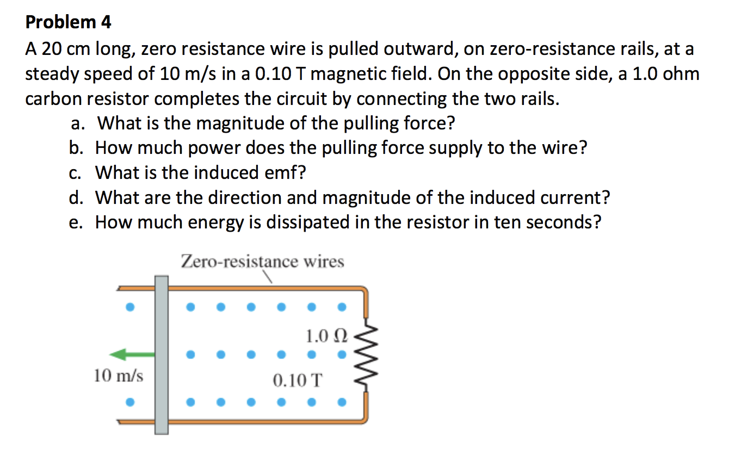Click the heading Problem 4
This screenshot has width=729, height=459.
click(x=69, y=22)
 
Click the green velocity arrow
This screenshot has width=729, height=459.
click(x=132, y=355)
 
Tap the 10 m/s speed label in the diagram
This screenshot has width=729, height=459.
click(x=119, y=376)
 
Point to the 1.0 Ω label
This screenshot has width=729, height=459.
click(x=325, y=335)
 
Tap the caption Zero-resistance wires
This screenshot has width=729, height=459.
click(x=262, y=262)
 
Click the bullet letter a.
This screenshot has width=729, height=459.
click(x=77, y=124)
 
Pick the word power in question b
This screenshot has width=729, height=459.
click(x=217, y=148)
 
